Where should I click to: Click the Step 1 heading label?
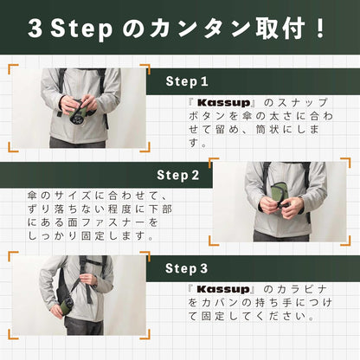pos(186,81)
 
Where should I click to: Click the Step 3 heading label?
pos(186,268)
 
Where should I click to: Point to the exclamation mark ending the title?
pos(321,28)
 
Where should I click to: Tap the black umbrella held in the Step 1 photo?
pos(74,110)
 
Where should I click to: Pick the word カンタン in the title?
pos(200,28)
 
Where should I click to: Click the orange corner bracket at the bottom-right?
pos(343,343)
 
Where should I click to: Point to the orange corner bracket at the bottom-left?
pos(17,343)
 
